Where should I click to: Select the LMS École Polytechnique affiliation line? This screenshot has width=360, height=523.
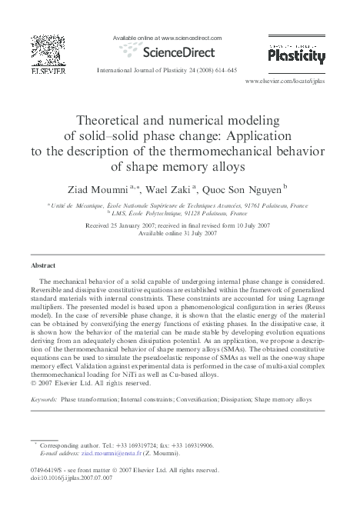coord(179,214)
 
